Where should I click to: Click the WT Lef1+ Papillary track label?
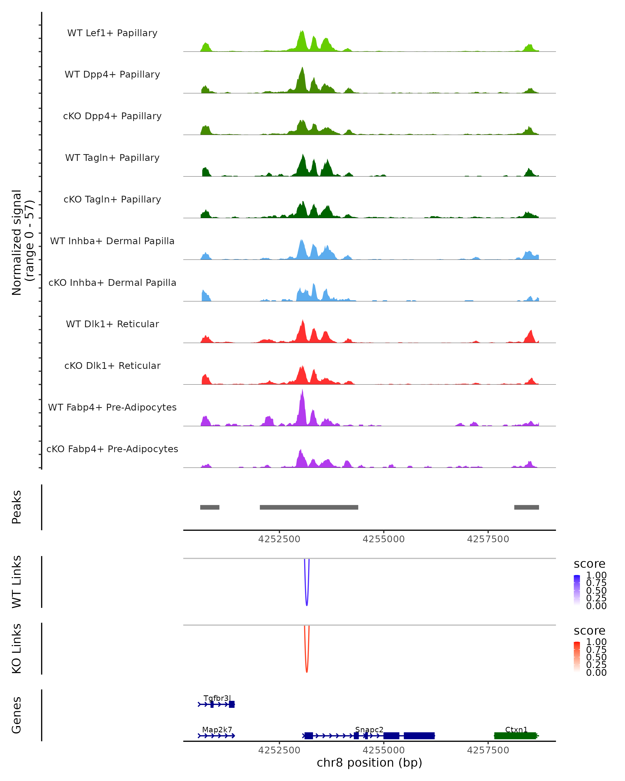coord(112,33)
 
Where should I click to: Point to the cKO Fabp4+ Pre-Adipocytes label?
coord(112,449)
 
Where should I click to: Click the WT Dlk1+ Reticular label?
coord(112,324)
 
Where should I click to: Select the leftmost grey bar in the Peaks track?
coord(210,507)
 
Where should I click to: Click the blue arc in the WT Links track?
coord(307,603)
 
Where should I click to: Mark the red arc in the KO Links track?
coord(307,670)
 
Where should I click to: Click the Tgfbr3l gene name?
coord(217,698)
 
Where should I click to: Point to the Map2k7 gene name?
coord(217,729)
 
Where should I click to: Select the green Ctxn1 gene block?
coord(515,736)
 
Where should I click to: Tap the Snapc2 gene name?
coord(369,729)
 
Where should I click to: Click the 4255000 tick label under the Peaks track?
coord(383,539)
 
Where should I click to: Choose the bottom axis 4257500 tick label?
coord(488,750)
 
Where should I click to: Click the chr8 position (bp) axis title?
coord(369,763)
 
